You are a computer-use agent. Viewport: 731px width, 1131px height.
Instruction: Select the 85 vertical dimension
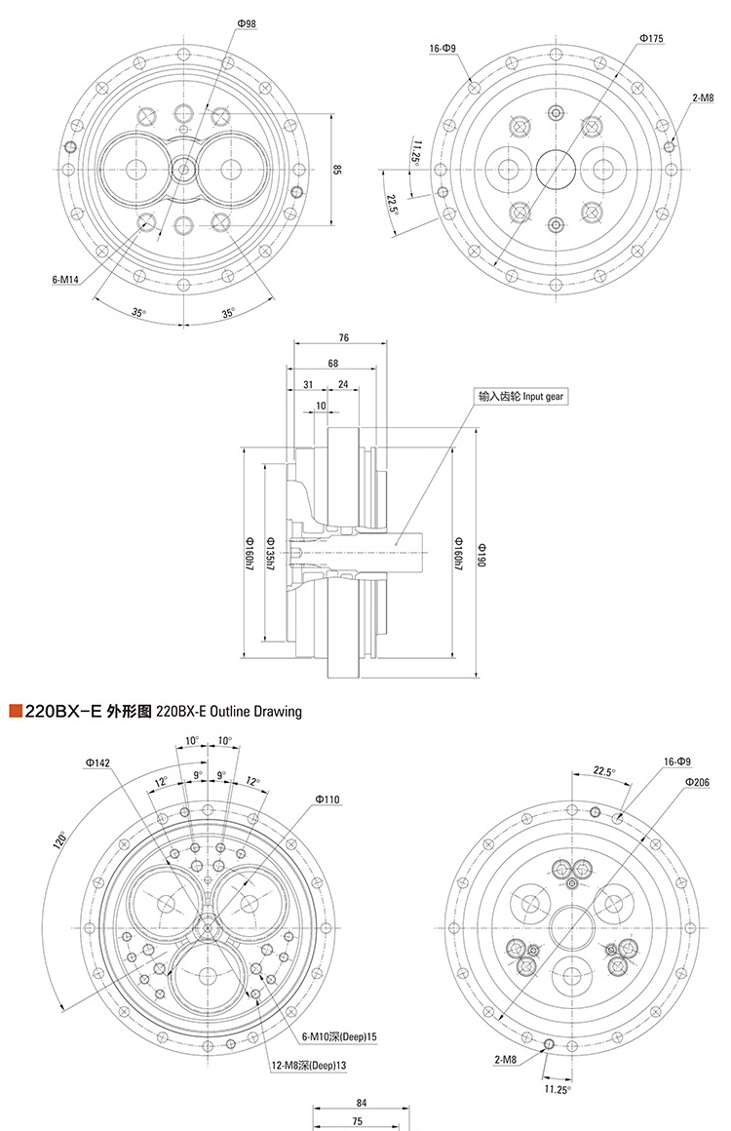click(x=337, y=170)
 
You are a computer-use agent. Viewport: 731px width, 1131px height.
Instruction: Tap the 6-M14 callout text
click(x=65, y=280)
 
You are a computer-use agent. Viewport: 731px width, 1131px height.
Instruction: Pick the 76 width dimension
click(x=344, y=338)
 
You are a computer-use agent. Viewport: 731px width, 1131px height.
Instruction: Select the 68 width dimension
click(x=334, y=363)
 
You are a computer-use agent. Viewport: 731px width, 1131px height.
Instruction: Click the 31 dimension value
click(x=307, y=385)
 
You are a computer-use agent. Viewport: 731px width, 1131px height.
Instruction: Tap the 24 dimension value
click(x=342, y=385)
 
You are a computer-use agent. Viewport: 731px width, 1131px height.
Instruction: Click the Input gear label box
click(x=521, y=397)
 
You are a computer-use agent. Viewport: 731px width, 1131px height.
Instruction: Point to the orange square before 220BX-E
click(x=14, y=712)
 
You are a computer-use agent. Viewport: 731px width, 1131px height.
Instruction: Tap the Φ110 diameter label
click(x=327, y=799)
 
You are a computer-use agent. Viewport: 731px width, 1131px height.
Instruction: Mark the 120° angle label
click(x=60, y=839)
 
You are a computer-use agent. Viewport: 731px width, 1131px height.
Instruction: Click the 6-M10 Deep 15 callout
click(x=339, y=1035)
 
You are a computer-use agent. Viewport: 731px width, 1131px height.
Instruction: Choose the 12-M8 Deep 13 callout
click(x=309, y=1066)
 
